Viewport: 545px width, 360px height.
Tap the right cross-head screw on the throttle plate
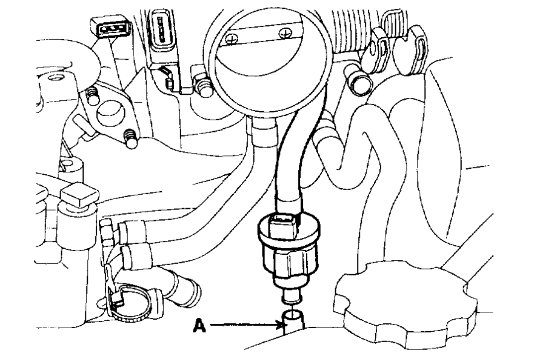coord(284,33)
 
